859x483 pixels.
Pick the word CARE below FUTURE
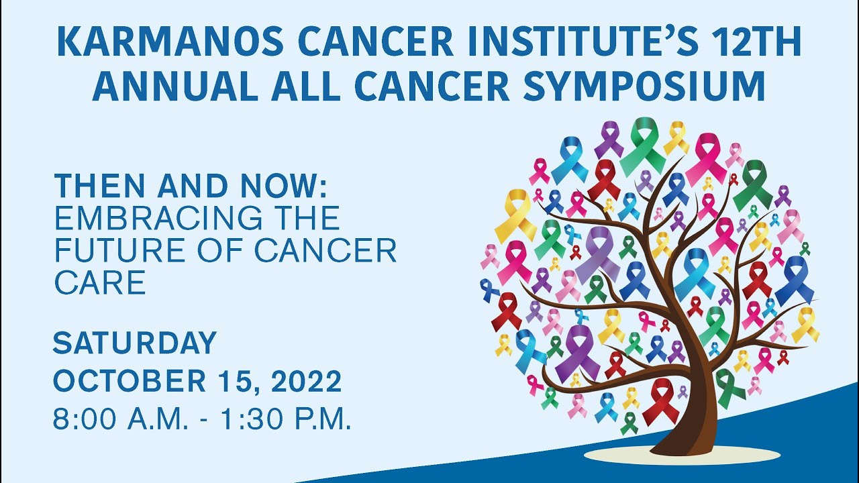click(x=99, y=283)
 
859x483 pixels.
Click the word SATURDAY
click(x=134, y=343)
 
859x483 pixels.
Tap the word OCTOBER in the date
click(x=127, y=382)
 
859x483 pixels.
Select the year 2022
click(x=308, y=382)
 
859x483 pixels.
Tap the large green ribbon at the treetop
click(x=644, y=144)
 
